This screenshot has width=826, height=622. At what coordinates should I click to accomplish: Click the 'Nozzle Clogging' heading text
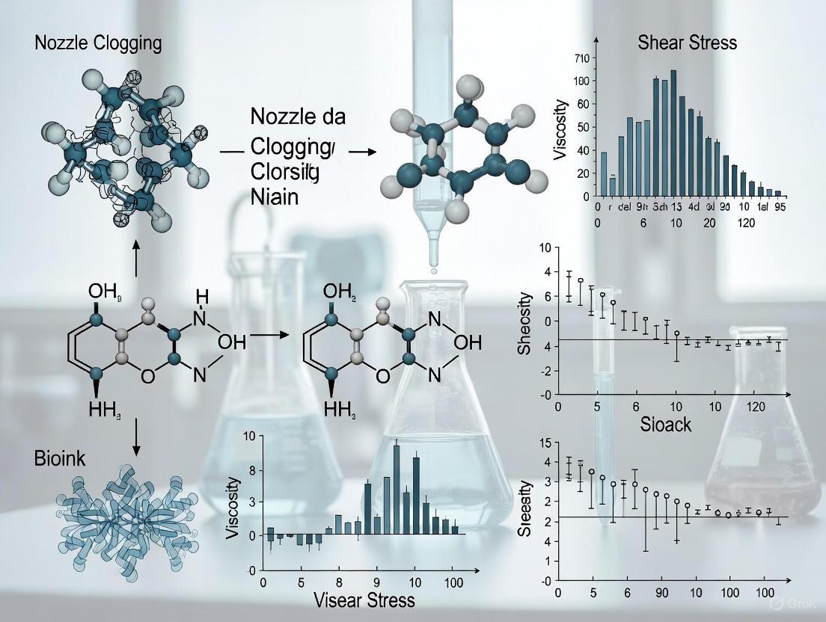[x=98, y=43]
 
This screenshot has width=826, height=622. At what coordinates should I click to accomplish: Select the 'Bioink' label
[x=60, y=458]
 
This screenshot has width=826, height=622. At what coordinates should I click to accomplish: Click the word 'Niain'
[x=276, y=200]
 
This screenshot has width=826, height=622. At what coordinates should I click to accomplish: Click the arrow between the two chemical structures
[x=269, y=336]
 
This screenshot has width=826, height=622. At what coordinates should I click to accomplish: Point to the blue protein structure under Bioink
[x=126, y=516]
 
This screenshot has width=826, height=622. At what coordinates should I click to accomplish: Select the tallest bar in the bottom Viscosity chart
[x=396, y=489]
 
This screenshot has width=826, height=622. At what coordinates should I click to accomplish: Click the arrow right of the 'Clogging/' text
[x=362, y=152]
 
